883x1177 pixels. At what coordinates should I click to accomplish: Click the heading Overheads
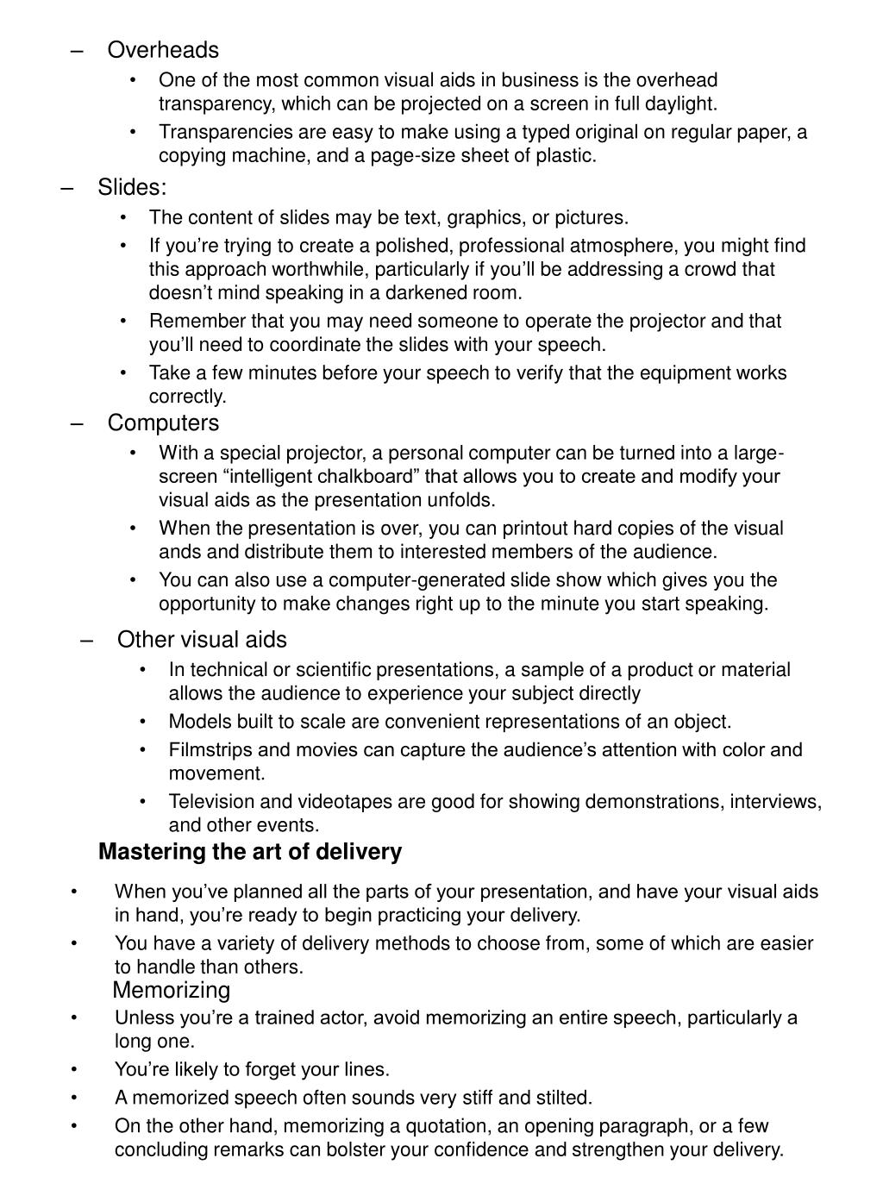[163, 50]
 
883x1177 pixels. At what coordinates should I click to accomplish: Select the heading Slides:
[132, 187]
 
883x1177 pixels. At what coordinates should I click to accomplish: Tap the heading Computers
[163, 423]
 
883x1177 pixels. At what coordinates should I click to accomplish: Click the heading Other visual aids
[202, 639]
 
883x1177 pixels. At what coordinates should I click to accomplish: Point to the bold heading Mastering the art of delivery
[250, 852]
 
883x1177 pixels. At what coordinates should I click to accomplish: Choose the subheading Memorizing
[172, 990]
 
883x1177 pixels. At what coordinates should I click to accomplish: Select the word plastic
[566, 156]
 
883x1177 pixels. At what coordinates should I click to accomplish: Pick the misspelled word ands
[179, 552]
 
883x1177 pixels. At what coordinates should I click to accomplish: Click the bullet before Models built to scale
[141, 722]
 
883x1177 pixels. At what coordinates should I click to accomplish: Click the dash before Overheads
[78, 50]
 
